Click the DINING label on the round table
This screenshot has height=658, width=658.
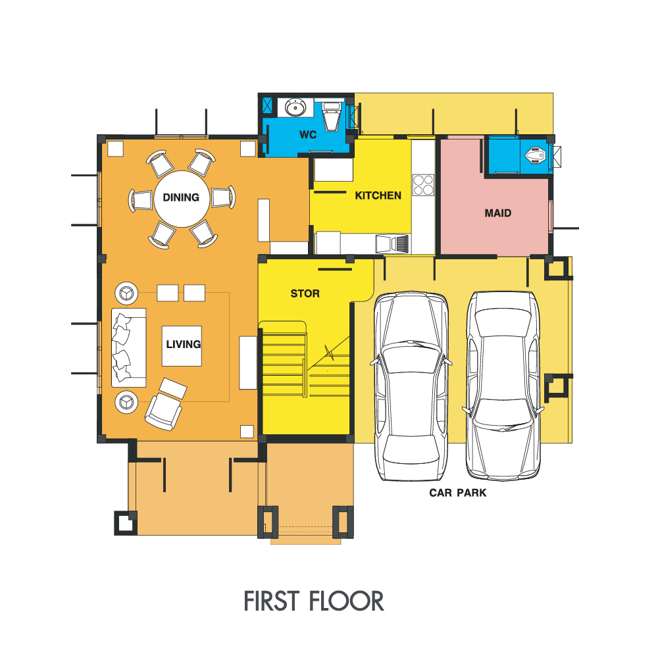181,197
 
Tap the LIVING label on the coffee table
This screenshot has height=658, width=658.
184,345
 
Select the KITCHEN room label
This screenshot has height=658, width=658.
378,195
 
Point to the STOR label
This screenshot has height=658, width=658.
305,293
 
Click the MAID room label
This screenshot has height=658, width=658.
498,213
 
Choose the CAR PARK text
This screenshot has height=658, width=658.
458,493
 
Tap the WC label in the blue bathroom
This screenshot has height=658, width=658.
308,135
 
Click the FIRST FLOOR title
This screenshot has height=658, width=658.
314,601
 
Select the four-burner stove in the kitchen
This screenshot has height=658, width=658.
423,185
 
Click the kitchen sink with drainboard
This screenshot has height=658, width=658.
392,244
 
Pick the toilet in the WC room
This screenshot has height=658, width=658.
332,116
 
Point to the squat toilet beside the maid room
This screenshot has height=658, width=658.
536,155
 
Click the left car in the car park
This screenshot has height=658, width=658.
411,386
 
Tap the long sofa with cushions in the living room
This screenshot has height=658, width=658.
129,347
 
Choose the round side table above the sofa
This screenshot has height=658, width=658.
126,293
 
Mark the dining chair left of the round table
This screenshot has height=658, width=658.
141,200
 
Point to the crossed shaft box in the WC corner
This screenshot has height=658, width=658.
267,105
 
